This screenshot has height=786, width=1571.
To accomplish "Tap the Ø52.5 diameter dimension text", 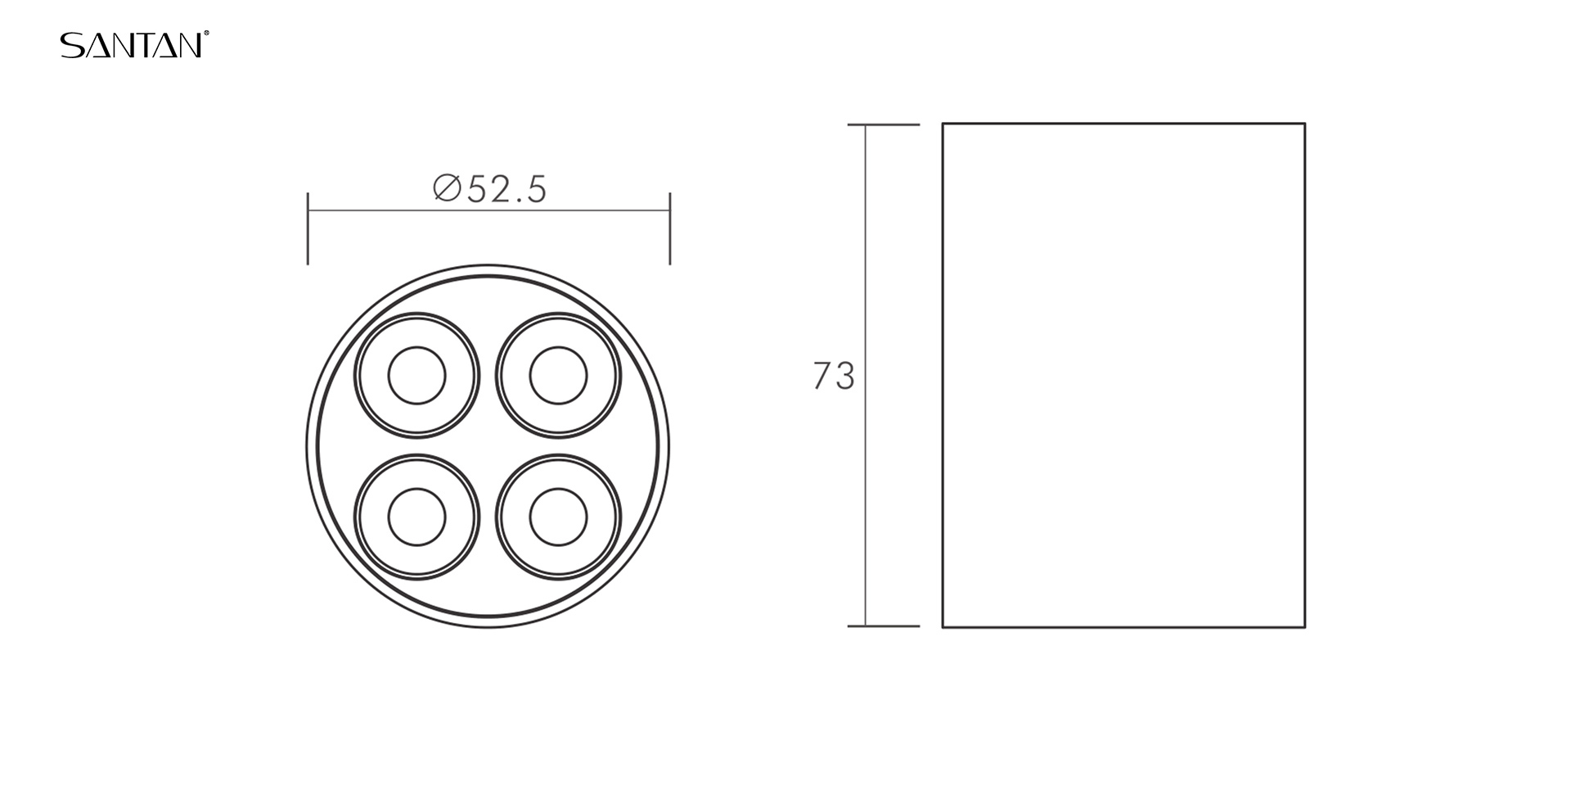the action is [489, 189].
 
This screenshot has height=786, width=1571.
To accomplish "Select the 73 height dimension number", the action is [833, 376].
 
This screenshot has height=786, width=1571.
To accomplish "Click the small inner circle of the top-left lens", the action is [416, 375].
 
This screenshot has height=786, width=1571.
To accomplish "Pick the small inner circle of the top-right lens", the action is [558, 375].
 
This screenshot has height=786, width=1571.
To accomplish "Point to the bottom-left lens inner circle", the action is [416, 517].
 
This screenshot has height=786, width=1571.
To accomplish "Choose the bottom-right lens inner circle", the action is [558, 517].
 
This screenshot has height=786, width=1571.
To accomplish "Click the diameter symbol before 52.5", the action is [447, 188].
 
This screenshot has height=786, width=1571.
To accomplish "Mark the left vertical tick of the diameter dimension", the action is [308, 228].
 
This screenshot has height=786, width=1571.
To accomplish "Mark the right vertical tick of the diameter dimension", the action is [670, 228].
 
